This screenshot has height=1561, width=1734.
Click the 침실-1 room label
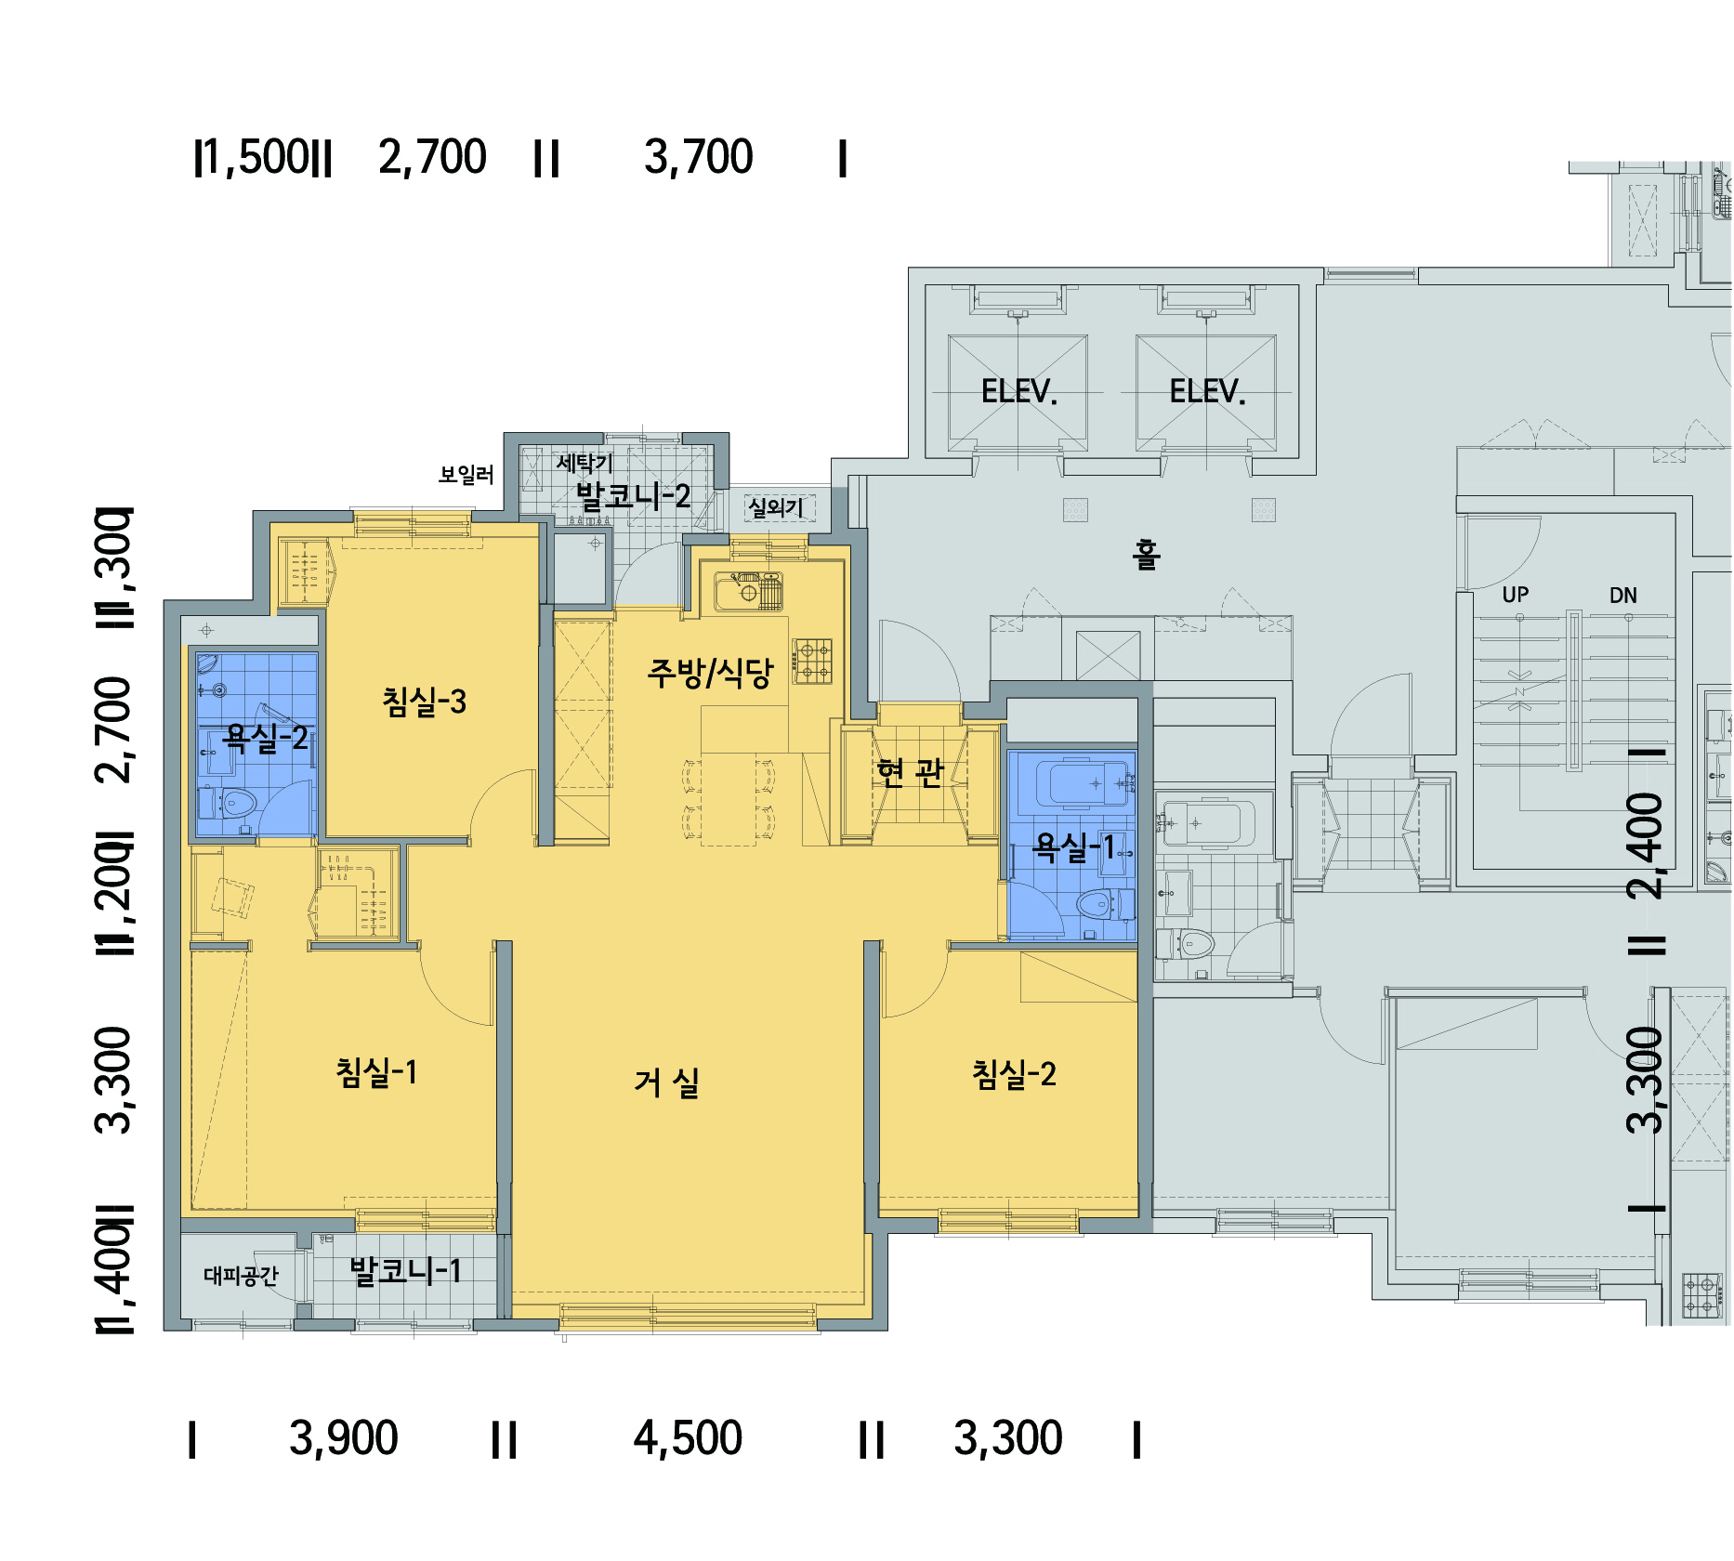tap(376, 1072)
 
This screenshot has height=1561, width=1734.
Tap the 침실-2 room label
tap(1014, 1074)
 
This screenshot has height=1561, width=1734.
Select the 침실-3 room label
tap(424, 702)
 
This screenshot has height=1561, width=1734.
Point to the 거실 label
tap(666, 1082)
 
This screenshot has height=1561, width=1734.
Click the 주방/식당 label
tap(710, 673)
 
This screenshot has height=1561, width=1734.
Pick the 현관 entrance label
tap(910, 771)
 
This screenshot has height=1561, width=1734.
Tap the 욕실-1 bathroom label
tap(1073, 846)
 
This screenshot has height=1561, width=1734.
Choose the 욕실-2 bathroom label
tap(266, 738)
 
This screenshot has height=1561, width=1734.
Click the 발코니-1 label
tap(405, 1270)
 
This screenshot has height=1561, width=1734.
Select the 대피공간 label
tap(241, 1276)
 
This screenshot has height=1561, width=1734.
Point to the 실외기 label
tap(776, 507)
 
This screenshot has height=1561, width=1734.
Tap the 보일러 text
tap(466, 475)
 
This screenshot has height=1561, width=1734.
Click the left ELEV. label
tap(1019, 391)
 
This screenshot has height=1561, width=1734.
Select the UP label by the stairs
tap(1515, 595)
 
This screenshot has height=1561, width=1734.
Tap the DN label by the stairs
tap(1622, 596)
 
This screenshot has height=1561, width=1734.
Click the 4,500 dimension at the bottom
tap(688, 1438)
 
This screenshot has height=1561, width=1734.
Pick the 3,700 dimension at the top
tap(699, 157)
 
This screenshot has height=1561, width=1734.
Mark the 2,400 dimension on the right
tap(1645, 846)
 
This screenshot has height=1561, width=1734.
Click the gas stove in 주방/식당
tap(812, 662)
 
